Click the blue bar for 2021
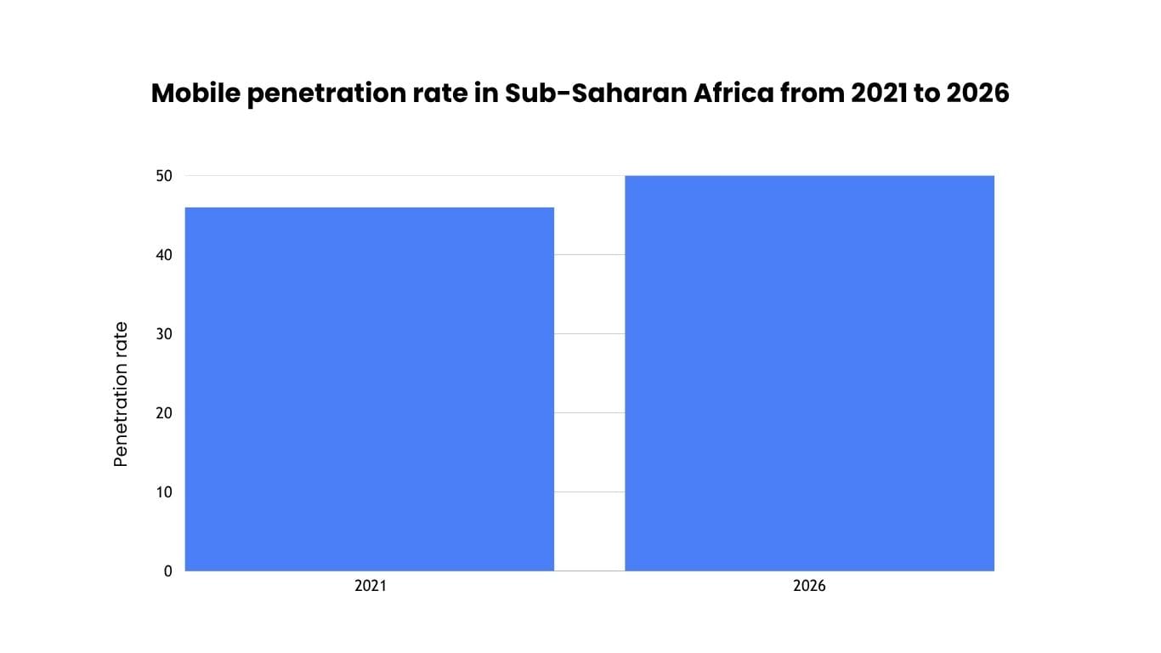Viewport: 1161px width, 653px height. click(370, 389)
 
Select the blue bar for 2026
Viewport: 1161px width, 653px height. click(810, 373)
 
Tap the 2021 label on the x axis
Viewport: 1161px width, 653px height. click(371, 586)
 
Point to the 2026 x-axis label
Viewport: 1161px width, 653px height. click(809, 586)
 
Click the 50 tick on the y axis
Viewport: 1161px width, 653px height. click(164, 176)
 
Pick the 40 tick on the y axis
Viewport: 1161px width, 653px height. click(164, 255)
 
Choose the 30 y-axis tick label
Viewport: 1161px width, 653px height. click(164, 334)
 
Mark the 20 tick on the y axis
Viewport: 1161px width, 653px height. click(164, 413)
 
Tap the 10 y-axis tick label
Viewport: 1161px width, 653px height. click(164, 492)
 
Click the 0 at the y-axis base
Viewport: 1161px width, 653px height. click(168, 571)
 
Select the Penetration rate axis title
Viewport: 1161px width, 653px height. click(120, 395)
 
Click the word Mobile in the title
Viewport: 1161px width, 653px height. click(196, 94)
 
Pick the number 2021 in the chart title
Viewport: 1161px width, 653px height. click(879, 94)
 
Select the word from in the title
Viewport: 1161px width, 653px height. click(813, 94)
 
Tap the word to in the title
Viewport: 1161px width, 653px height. click(926, 94)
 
